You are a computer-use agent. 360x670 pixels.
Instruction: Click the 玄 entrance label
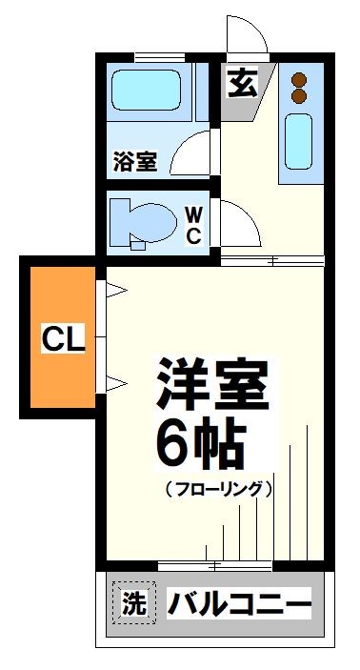tap(241, 84)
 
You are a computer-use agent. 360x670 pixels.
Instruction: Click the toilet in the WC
tap(141, 221)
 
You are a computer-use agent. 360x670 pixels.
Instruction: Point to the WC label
tap(191, 222)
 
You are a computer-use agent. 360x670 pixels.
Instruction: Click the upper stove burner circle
tap(298, 79)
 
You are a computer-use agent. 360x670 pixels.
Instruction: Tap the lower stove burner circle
tap(298, 96)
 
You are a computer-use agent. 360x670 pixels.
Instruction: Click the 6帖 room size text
tap(200, 440)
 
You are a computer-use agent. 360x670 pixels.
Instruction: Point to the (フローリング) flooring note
tap(218, 489)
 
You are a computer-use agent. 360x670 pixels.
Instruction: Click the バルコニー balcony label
tap(240, 603)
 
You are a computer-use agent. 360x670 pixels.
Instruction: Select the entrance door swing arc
tap(246, 36)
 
